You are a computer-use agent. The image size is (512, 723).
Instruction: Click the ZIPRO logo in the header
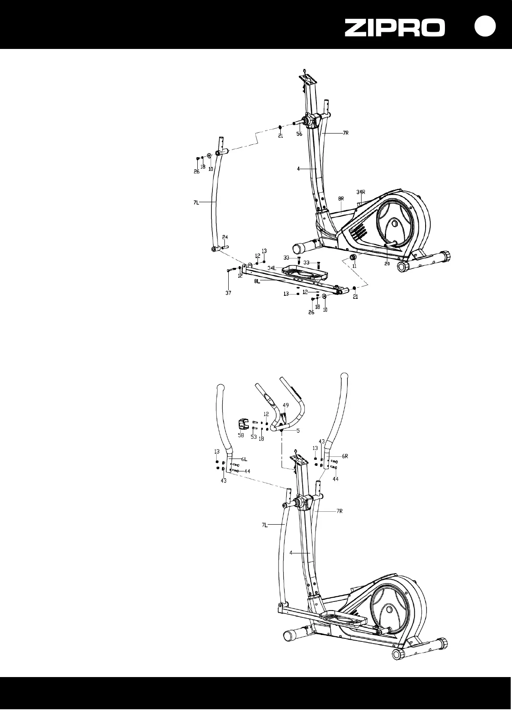(395, 28)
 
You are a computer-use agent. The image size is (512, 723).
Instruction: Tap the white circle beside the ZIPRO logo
(485, 27)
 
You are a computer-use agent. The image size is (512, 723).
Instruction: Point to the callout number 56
(299, 134)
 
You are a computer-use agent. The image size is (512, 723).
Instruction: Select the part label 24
(225, 237)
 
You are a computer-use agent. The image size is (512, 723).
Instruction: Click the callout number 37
(228, 293)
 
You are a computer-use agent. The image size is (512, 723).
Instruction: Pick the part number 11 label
(355, 266)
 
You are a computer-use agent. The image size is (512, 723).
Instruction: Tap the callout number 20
(387, 264)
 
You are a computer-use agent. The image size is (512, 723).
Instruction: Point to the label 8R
(341, 199)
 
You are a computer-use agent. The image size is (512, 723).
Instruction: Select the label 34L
(272, 268)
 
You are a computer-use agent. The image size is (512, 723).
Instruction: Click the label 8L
(257, 281)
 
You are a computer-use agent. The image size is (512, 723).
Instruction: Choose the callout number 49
(286, 405)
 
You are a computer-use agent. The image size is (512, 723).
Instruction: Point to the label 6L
(244, 459)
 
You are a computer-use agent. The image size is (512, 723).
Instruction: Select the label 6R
(345, 456)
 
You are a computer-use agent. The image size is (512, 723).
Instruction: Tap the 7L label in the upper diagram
(196, 203)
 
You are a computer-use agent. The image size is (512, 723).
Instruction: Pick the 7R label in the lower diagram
(340, 511)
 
